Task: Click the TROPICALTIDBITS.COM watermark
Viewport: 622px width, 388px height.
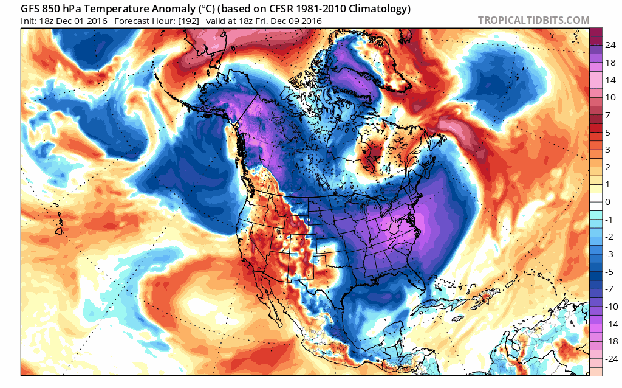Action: tap(533, 20)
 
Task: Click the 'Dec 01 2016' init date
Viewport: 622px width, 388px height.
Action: tap(80, 21)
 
